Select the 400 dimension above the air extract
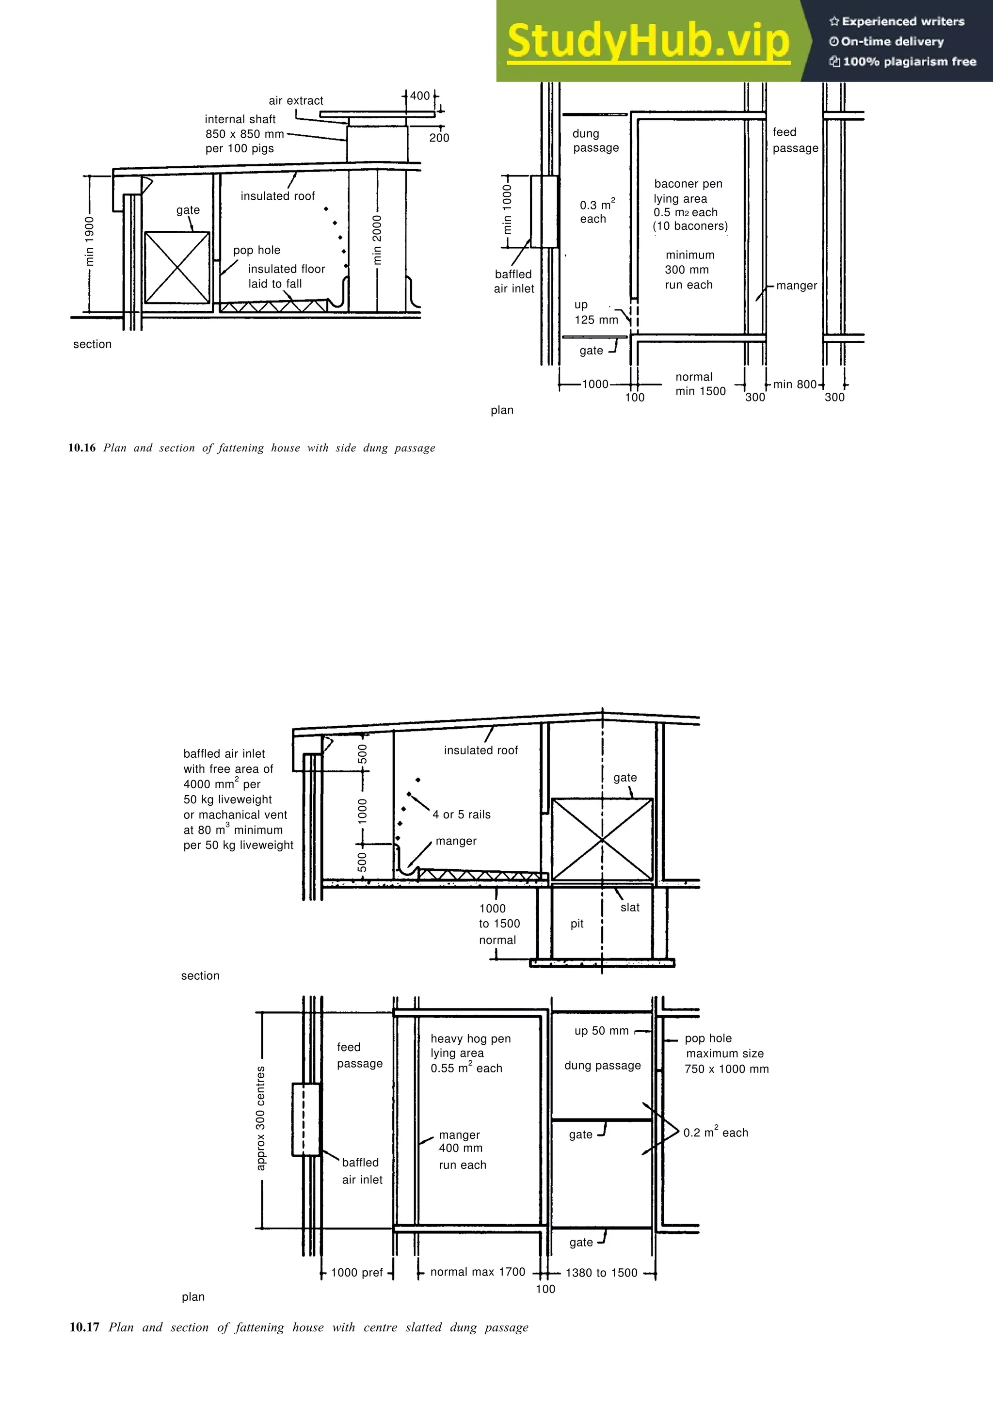click(420, 96)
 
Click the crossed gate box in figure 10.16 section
click(177, 268)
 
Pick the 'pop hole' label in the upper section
click(256, 250)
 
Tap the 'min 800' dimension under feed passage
click(794, 384)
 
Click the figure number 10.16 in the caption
click(82, 448)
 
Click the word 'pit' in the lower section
click(577, 924)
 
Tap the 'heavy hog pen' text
click(470, 1038)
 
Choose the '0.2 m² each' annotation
click(715, 1133)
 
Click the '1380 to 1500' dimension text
click(601, 1273)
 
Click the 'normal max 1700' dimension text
click(477, 1272)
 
